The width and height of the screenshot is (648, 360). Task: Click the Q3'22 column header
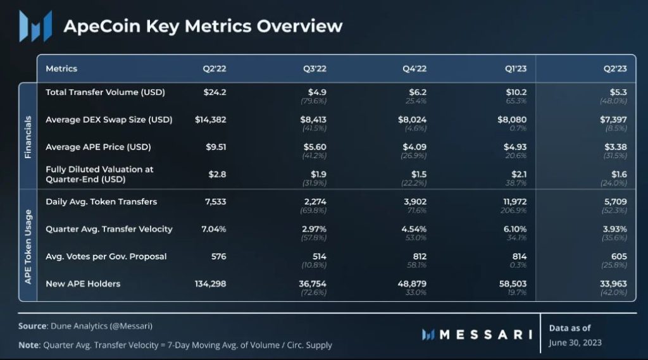coord(315,68)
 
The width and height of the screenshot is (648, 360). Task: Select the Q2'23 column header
coord(614,68)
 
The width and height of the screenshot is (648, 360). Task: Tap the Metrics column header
coord(61,68)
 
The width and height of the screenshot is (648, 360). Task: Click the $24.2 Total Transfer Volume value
coord(215,92)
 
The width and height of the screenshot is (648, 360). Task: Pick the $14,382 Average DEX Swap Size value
coord(210,120)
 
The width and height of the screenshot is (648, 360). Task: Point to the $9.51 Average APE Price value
coord(215,147)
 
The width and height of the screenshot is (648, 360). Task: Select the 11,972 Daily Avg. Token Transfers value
coord(513,202)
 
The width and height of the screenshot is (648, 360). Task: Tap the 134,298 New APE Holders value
coord(209,284)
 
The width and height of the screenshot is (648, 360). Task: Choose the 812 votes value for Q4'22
coord(418,256)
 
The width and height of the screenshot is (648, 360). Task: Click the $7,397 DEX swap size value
coord(613,120)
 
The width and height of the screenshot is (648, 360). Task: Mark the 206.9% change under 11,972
coord(516,210)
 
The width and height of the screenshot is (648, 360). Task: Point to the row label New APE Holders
coord(84,284)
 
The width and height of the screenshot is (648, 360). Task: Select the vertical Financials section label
coord(27,137)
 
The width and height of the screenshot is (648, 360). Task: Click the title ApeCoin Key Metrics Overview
coord(202,27)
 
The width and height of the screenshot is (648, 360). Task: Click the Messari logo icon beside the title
coord(35,26)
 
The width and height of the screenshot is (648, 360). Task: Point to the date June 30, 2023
coord(575,342)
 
